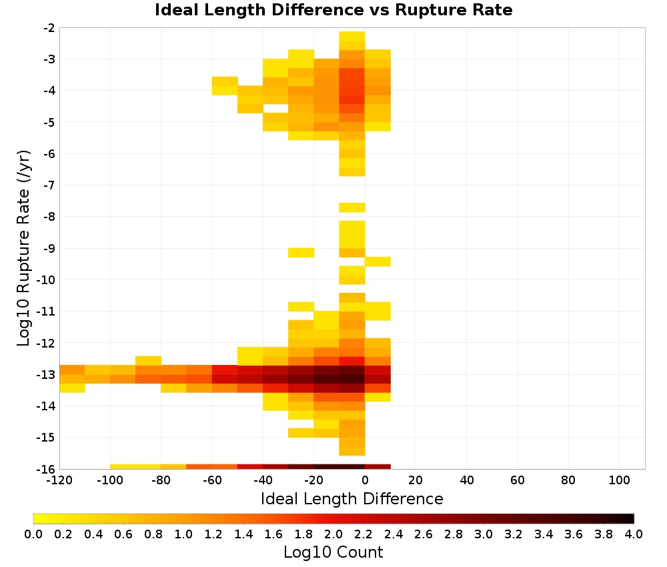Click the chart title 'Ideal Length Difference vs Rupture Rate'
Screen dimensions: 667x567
333,10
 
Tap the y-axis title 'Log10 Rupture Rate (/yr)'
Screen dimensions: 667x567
23,248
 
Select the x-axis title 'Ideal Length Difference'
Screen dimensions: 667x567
352,498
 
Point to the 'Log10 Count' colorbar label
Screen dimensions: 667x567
333,552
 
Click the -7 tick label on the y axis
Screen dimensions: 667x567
49,185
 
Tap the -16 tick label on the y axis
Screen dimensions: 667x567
46,469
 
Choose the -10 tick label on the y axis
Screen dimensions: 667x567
46,280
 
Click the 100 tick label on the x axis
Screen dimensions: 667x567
619,481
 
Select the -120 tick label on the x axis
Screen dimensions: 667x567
59,481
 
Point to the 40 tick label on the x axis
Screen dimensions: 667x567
467,481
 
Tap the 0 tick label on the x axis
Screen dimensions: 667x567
365,481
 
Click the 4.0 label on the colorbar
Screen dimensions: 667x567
634,534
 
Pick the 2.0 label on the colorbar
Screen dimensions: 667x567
333,534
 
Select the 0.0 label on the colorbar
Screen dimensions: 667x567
33,534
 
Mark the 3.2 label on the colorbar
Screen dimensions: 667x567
514,534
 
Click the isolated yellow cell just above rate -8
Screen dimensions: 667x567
352,207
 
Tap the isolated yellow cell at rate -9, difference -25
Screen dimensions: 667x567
301,253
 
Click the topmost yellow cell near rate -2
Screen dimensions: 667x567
352,36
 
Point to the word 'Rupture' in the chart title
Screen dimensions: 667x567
430,11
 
